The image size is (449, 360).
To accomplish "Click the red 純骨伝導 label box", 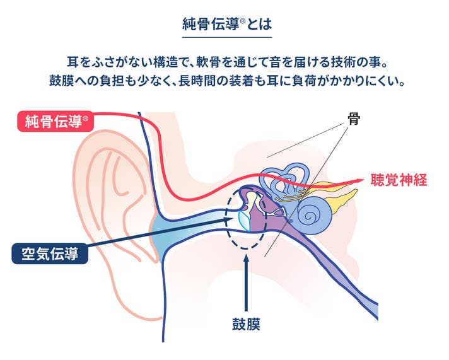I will [55, 122].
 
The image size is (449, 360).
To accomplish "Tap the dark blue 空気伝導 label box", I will [50, 254].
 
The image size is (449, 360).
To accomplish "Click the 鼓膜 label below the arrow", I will [247, 325].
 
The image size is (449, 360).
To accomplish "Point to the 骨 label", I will [353, 119].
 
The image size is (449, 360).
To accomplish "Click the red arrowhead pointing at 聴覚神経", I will [359, 180].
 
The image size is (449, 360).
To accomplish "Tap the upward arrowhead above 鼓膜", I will [247, 261].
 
